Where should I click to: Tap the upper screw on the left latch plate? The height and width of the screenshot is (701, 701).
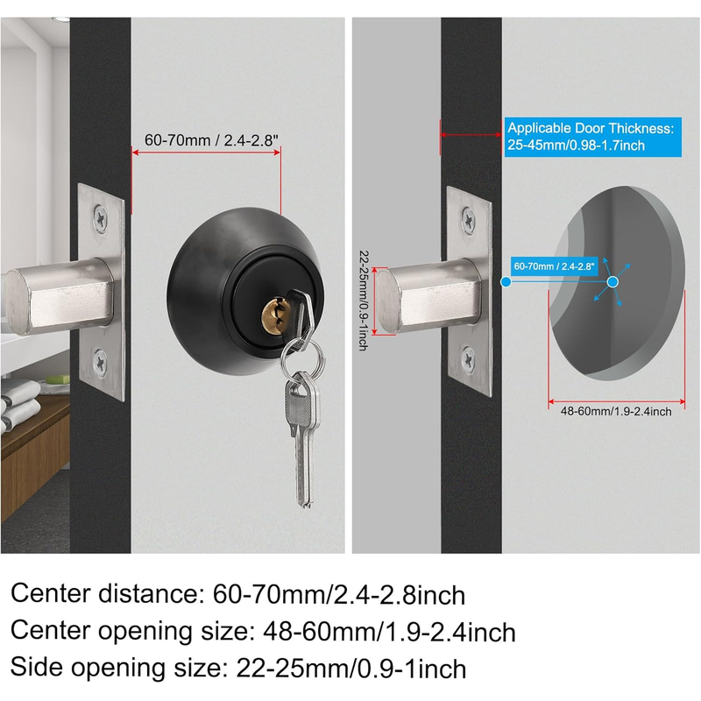tap(101, 218)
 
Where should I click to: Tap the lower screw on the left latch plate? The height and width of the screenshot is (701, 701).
tap(100, 362)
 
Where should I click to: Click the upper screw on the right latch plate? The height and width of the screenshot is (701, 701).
tap(468, 220)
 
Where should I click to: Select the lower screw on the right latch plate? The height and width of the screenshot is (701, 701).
tap(468, 358)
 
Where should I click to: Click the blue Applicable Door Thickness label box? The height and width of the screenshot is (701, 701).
tap(593, 137)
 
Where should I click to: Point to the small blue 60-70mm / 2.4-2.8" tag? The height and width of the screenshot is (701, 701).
tap(555, 266)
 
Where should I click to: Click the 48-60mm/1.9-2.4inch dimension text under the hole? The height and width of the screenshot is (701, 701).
tap(616, 411)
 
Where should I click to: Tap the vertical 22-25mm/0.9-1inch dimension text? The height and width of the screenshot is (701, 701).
tap(364, 300)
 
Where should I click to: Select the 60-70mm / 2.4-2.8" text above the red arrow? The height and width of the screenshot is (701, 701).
tap(211, 140)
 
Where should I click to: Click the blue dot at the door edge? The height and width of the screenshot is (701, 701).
tap(506, 282)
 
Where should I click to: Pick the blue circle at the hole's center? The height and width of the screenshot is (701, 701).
tap(612, 281)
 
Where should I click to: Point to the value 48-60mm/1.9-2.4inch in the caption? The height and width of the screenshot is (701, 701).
tap(389, 632)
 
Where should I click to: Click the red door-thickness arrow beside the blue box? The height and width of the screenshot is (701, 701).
tap(471, 135)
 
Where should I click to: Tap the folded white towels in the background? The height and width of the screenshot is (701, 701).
tap(20, 402)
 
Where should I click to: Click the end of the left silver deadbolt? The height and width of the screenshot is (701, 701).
tap(18, 302)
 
